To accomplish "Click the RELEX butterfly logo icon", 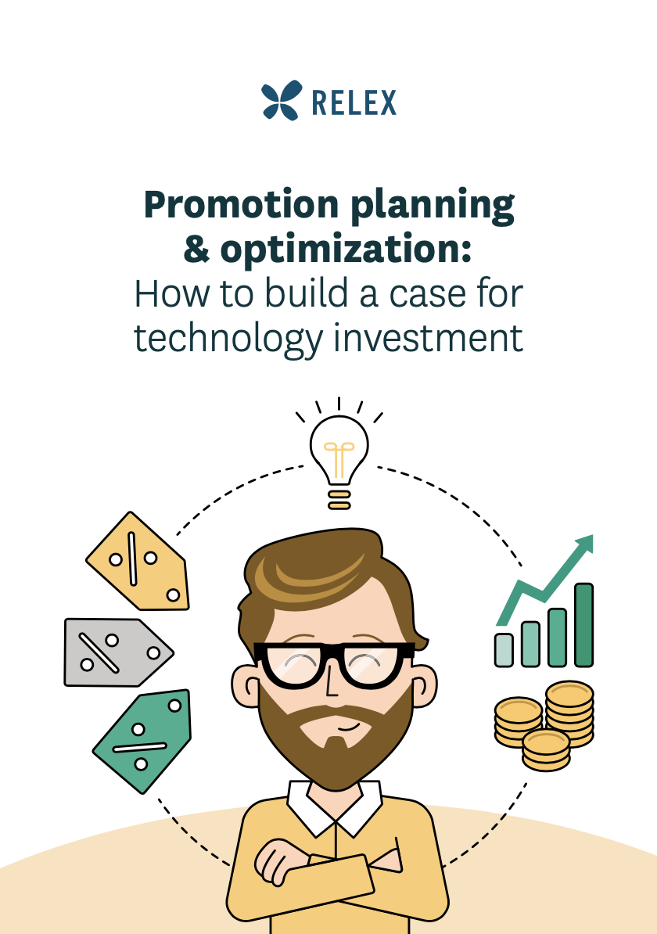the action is tap(281, 100).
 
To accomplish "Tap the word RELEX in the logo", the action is tap(354, 102).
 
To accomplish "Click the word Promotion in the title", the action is tap(241, 204).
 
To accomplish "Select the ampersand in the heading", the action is tap(197, 250).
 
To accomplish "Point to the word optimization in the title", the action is tap(346, 250).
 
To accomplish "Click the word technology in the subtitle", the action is tap(228, 339).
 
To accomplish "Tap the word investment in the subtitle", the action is tap(428, 338).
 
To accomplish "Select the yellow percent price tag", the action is tap(139, 562).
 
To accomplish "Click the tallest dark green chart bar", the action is tap(583, 625).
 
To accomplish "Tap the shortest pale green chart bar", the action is tap(504, 650).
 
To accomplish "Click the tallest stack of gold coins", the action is tap(569, 713).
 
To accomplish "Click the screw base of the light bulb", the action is tap(339, 499).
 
